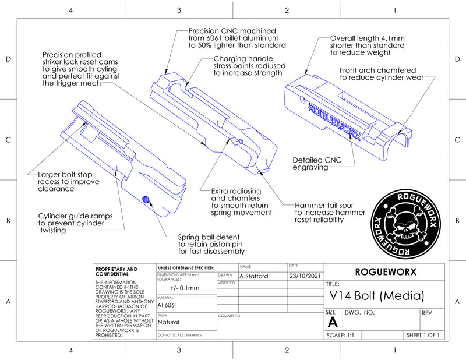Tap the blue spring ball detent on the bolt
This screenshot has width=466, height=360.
point(147,200)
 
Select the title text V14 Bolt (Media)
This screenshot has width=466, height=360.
point(376,295)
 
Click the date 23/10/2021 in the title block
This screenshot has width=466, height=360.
point(305,276)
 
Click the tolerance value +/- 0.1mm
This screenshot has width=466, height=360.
point(185,288)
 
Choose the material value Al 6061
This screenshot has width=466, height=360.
point(168,305)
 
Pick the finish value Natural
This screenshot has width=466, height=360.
point(169,322)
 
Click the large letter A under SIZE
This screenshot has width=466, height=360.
point(333,322)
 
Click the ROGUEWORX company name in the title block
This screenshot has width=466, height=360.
point(385,272)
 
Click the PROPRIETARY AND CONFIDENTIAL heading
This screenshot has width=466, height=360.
point(116,271)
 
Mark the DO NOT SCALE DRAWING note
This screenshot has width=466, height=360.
point(179,336)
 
